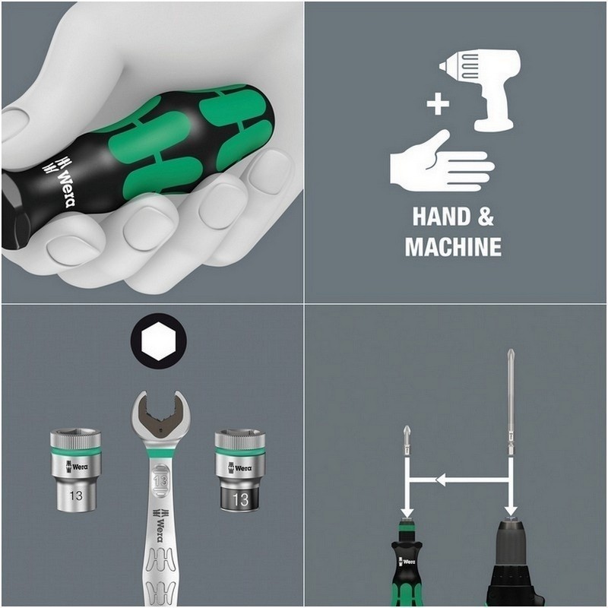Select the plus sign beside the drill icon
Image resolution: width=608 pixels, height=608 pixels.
pos(437,103)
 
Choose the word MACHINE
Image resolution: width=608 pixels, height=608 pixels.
pos(453,247)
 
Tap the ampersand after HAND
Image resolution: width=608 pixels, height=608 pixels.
pos(485,217)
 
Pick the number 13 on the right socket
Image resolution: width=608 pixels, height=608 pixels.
pos(240,499)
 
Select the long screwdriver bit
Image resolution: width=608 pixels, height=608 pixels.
pos(509,403)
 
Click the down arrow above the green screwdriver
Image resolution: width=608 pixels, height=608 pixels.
pos(407,505)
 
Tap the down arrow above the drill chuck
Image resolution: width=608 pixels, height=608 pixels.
pos(510,505)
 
